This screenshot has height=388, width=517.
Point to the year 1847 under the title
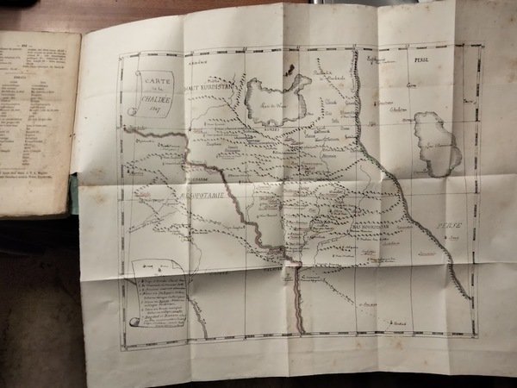(156, 109)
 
